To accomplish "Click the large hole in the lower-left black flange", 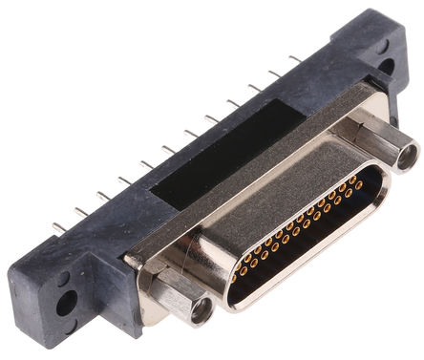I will pos(66,305).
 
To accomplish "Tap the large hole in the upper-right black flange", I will pos(386,66).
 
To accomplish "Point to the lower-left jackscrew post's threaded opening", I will pos(201,310).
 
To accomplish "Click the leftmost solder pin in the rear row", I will pos(58,226).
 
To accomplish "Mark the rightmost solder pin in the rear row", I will pos(296,59).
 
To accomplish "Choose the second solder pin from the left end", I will pos(80,211).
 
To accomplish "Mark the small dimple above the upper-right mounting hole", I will pos(381,45).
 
